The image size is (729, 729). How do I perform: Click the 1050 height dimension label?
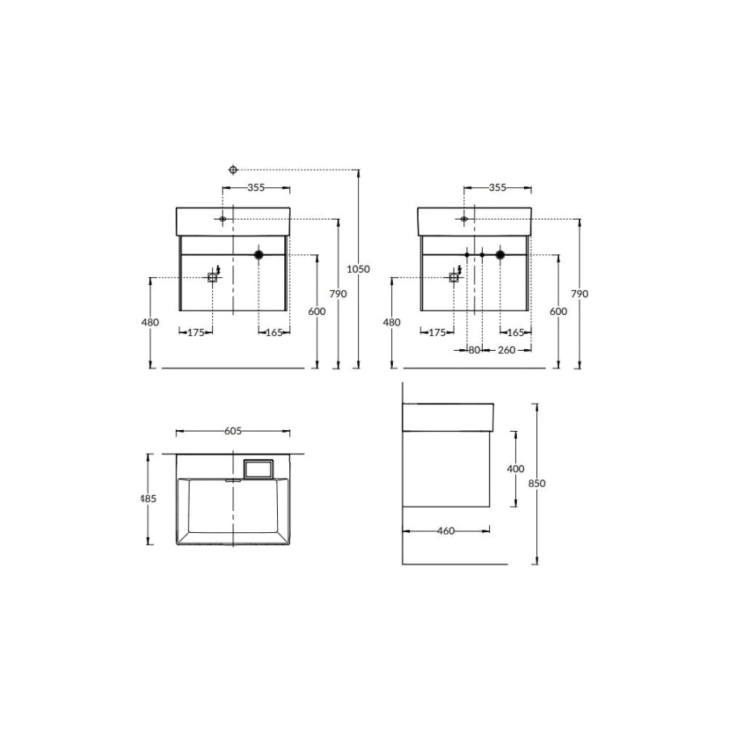point(359,269)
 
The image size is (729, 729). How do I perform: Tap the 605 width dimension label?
point(233,431)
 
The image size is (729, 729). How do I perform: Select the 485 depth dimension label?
point(148,498)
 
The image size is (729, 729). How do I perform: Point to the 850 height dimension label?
point(536,483)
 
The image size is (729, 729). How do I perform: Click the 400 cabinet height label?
point(515,469)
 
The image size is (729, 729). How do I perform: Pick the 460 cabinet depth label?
point(446,531)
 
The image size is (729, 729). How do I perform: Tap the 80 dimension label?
point(474,350)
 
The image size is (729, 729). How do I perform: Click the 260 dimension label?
point(506,350)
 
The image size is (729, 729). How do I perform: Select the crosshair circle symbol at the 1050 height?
point(233,170)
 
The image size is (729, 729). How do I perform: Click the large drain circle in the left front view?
point(258,254)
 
